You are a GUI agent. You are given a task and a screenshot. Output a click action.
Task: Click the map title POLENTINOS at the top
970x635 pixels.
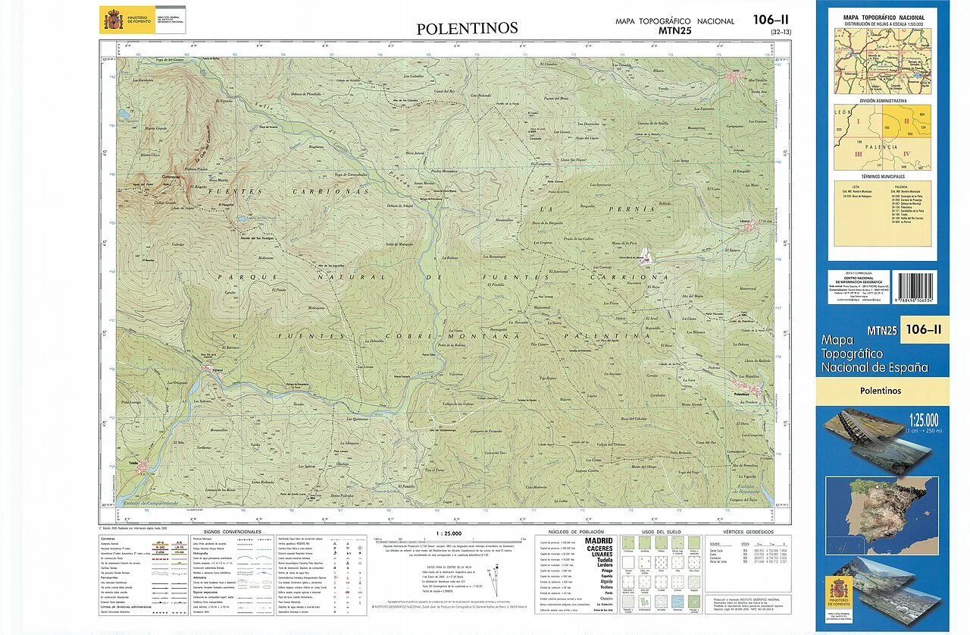[x=467, y=29]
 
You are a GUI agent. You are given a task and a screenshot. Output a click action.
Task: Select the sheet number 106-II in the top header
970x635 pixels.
[x=771, y=20]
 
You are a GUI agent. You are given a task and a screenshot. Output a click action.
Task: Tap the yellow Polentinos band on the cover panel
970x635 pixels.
[x=881, y=391]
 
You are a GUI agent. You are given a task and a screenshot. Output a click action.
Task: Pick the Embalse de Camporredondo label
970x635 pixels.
[x=155, y=504]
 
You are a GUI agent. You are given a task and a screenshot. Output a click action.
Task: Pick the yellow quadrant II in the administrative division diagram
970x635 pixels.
[x=906, y=121]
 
